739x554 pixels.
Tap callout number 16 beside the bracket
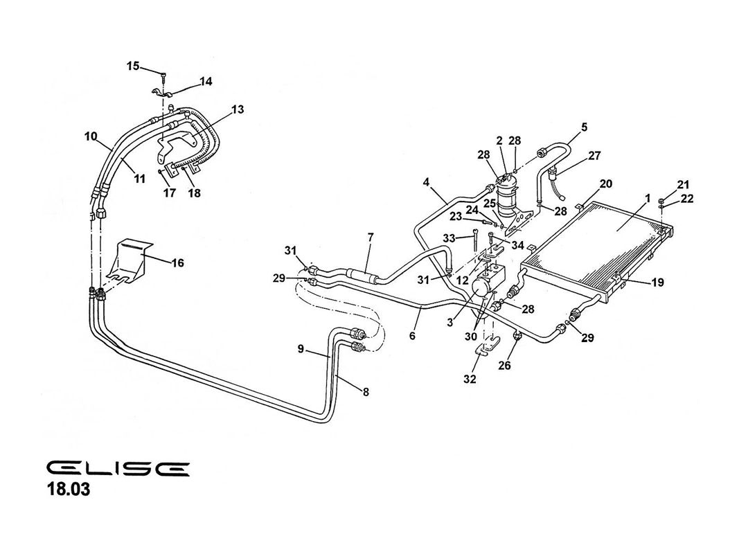(x=177, y=262)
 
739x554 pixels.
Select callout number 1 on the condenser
(x=647, y=199)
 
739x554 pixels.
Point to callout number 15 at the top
(x=133, y=66)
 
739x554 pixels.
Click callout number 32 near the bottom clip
(x=470, y=379)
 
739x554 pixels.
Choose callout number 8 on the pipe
(x=365, y=391)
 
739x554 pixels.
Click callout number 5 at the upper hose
(x=584, y=127)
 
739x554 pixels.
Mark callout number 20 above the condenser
(x=605, y=184)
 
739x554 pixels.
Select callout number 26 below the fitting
(x=504, y=365)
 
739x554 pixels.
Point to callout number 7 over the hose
(x=371, y=238)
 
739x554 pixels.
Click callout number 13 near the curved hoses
(x=238, y=109)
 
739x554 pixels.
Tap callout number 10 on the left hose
(x=91, y=136)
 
